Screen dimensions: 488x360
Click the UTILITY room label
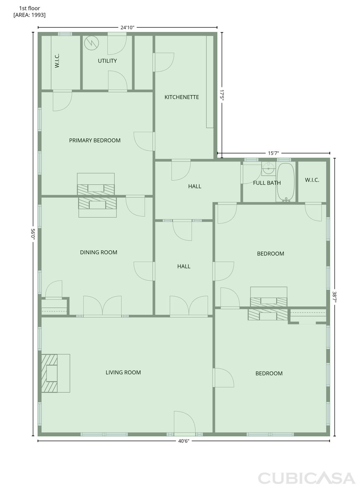click(x=107, y=61)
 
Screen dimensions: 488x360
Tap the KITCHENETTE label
click(x=181, y=97)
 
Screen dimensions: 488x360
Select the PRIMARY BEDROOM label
click(x=95, y=140)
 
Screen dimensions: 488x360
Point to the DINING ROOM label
click(x=98, y=252)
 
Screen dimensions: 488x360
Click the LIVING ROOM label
click(x=123, y=372)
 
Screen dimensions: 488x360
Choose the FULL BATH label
click(x=267, y=183)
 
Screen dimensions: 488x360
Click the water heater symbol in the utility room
click(x=91, y=43)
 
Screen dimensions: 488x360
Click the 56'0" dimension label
click(x=33, y=234)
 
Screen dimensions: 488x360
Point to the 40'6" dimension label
click(x=184, y=442)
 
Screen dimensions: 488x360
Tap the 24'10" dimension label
click(x=127, y=27)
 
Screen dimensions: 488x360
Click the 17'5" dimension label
click(x=222, y=95)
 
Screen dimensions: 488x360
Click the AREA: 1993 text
click(x=30, y=15)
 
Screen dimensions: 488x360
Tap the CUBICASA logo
click(x=306, y=478)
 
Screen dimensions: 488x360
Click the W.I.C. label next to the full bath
click(x=312, y=180)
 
